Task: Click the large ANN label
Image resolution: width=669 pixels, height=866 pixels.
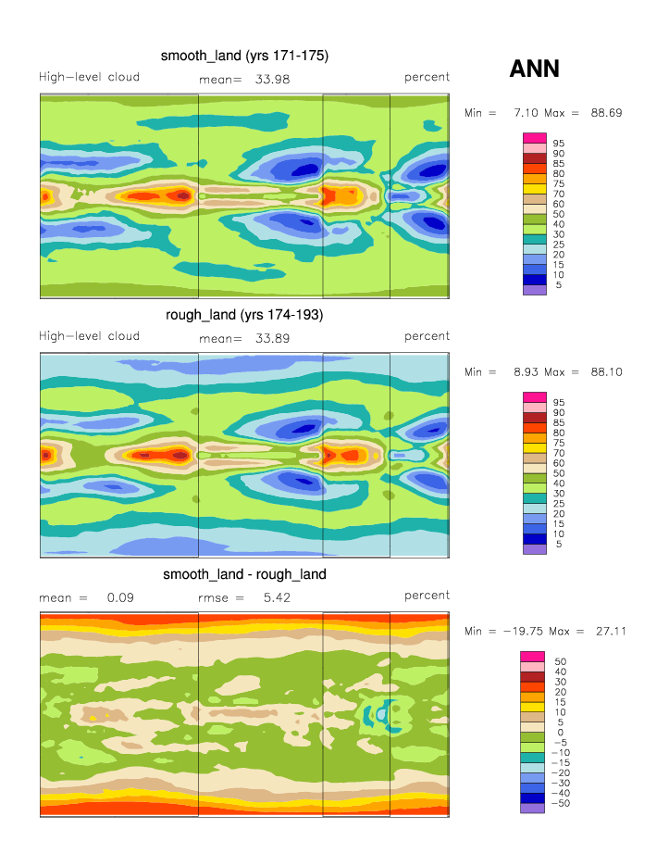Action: tap(535, 69)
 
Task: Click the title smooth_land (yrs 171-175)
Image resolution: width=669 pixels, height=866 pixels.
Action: tap(244, 56)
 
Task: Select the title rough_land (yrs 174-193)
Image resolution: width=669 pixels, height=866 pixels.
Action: tap(244, 315)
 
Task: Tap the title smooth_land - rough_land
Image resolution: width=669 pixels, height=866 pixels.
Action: tap(244, 574)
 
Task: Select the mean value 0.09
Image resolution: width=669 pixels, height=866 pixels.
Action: tap(120, 597)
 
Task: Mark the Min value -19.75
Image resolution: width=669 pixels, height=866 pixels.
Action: tap(521, 632)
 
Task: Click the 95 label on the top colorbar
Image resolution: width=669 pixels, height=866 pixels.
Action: tap(559, 144)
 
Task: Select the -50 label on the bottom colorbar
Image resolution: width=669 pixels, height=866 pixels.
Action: tap(561, 804)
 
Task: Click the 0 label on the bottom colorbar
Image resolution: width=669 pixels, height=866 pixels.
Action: tap(558, 733)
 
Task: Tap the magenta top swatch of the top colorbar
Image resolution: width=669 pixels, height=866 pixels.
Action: tap(536, 138)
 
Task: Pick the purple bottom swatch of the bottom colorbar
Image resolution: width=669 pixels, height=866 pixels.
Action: tap(536, 809)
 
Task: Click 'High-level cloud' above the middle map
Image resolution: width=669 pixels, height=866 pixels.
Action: tap(89, 336)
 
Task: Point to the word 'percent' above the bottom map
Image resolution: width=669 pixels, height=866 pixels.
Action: tap(427, 596)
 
